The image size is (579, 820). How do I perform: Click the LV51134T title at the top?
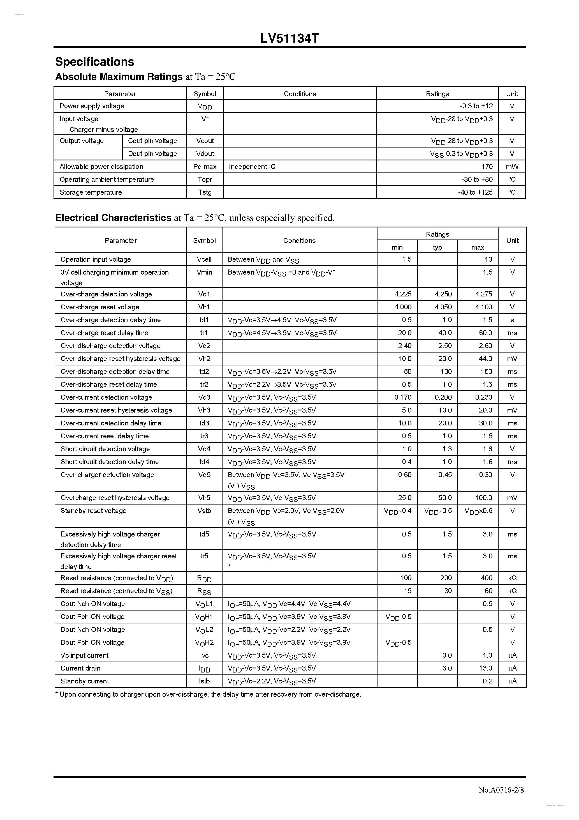tap(289, 38)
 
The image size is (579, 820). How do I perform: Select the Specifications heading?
tap(95, 62)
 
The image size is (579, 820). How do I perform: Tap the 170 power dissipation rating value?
tap(487, 166)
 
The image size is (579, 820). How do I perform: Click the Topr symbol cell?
tap(205, 179)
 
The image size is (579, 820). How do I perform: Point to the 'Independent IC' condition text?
tap(252, 166)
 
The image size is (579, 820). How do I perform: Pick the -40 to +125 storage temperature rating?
tap(475, 192)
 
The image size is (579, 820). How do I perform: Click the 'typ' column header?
tap(437, 247)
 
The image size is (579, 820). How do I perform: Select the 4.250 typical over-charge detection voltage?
tap(443, 294)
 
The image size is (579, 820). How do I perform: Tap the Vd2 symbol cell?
tap(204, 346)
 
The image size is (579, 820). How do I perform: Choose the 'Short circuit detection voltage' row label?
tap(105, 449)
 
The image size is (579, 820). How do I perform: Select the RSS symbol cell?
tap(204, 591)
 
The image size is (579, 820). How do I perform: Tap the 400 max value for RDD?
tap(486, 578)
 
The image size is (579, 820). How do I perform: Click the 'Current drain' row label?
tap(80, 668)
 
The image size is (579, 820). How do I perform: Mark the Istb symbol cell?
tap(204, 681)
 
